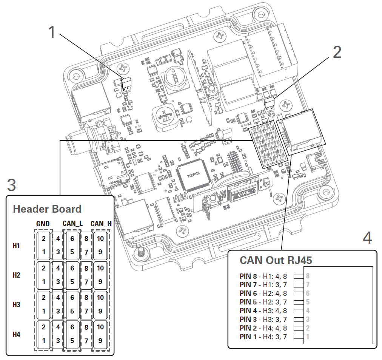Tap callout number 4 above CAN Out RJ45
click(367, 238)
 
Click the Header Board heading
click(47, 209)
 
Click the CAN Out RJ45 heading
click(276, 260)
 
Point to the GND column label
click(43, 224)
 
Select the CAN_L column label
click(72, 224)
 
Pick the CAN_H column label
click(101, 224)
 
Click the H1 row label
click(16, 246)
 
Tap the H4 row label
click(16, 334)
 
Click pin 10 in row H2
click(100, 268)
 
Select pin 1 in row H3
click(43, 311)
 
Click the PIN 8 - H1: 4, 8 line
click(263, 276)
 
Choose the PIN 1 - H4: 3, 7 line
click(263, 337)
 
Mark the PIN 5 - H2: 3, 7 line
click(263, 302)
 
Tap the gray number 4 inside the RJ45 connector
click(308, 311)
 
